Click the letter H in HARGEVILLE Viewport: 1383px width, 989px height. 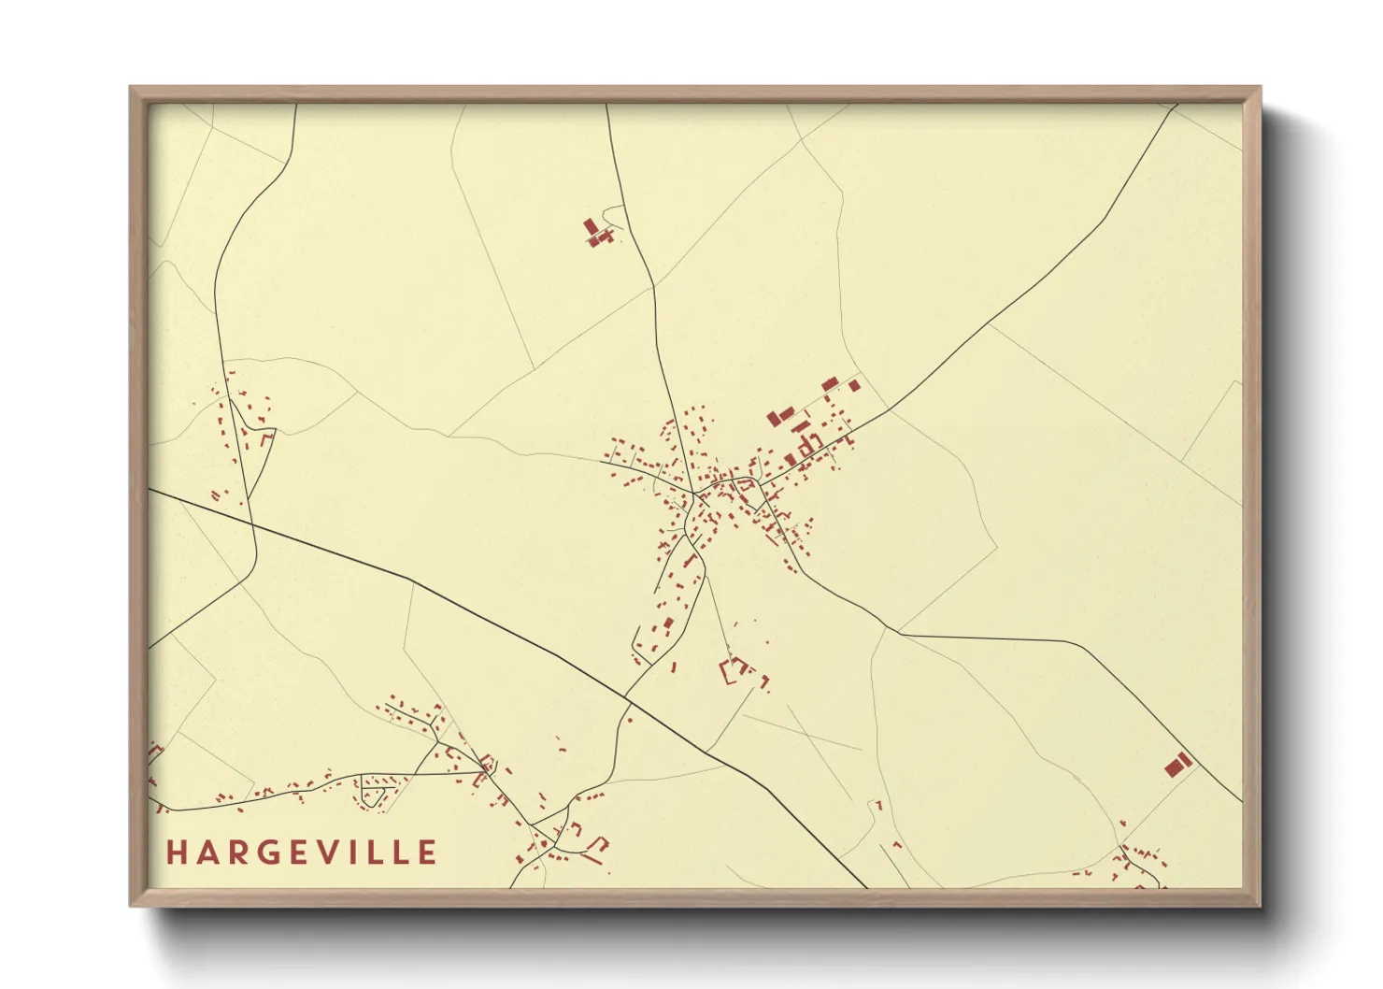click(176, 853)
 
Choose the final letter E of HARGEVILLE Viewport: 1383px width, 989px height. click(428, 853)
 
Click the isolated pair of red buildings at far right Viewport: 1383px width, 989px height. click(1178, 765)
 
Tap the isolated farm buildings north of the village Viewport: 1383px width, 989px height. click(596, 232)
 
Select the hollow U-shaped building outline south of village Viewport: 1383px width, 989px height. click(734, 670)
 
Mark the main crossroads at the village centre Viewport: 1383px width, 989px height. click(694, 492)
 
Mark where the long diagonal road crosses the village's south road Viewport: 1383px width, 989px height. click(627, 695)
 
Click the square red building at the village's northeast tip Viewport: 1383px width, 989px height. click(854, 385)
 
